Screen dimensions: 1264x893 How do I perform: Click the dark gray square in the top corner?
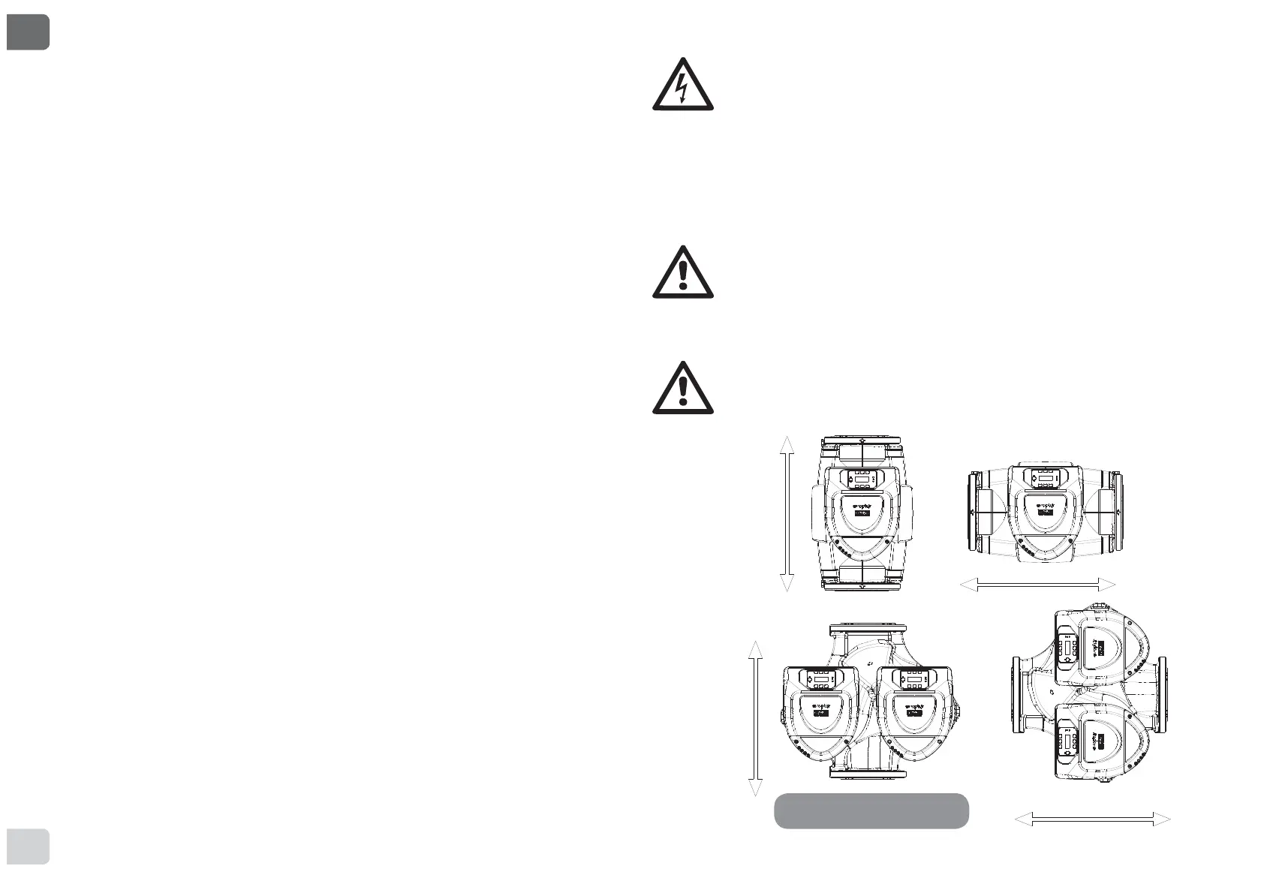pyautogui.click(x=28, y=32)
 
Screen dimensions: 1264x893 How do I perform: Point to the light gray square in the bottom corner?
pyautogui.click(x=28, y=846)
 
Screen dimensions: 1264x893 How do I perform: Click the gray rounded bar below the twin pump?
pyautogui.click(x=871, y=811)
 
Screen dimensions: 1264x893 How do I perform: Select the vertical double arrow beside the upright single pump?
pyautogui.click(x=787, y=513)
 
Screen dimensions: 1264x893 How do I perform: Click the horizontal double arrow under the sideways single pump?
pyautogui.click(x=1038, y=585)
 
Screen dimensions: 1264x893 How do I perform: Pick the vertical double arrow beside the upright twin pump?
pyautogui.click(x=756, y=718)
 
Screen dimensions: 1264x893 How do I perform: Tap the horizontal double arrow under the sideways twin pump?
pyautogui.click(x=1092, y=819)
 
